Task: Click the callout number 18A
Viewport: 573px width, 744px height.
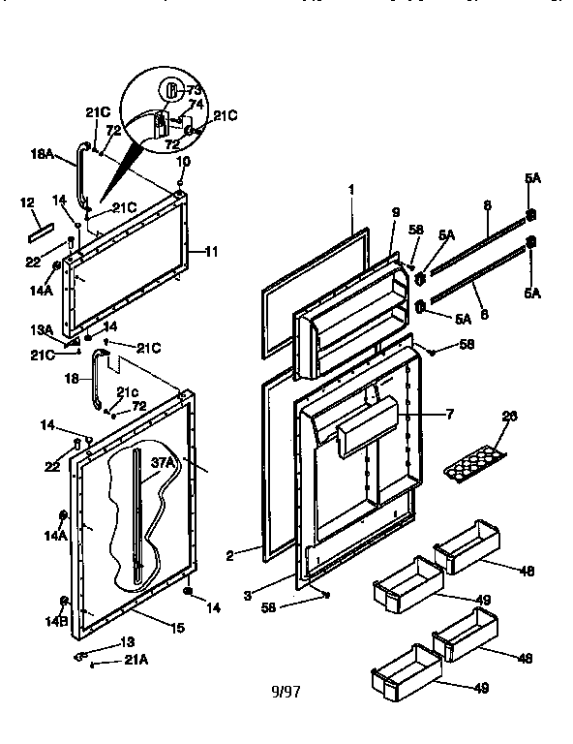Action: pos(43,153)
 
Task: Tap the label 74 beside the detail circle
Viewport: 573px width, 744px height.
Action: pos(195,103)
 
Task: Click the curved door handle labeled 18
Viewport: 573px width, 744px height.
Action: pos(96,380)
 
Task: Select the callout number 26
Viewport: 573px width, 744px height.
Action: pos(509,416)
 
